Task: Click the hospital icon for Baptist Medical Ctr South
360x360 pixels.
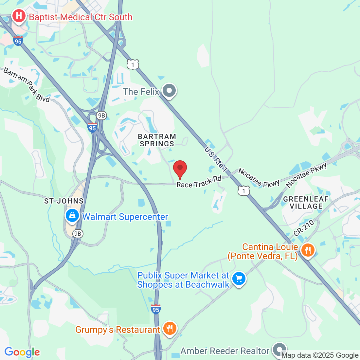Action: coord(19,16)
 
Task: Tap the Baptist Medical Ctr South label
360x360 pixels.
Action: coord(81,17)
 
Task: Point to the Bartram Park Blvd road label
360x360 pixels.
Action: coord(27,85)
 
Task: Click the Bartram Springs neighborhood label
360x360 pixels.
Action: coord(157,140)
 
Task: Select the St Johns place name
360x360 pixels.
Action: coord(64,201)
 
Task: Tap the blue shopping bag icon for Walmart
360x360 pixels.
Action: coord(72,215)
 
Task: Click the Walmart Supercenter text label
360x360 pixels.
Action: coord(125,217)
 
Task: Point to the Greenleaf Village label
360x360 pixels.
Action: coord(306,203)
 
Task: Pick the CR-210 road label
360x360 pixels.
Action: coord(304,228)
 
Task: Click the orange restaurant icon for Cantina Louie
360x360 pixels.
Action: coord(307,250)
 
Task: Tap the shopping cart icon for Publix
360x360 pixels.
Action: coord(239,279)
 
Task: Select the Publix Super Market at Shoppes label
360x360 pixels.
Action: coord(183,280)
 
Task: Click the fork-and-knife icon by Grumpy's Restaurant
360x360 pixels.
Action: coord(169,328)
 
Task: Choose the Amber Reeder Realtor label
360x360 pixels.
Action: coord(225,351)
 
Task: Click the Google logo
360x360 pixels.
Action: coord(22,352)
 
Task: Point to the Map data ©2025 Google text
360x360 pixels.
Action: coord(320,355)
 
